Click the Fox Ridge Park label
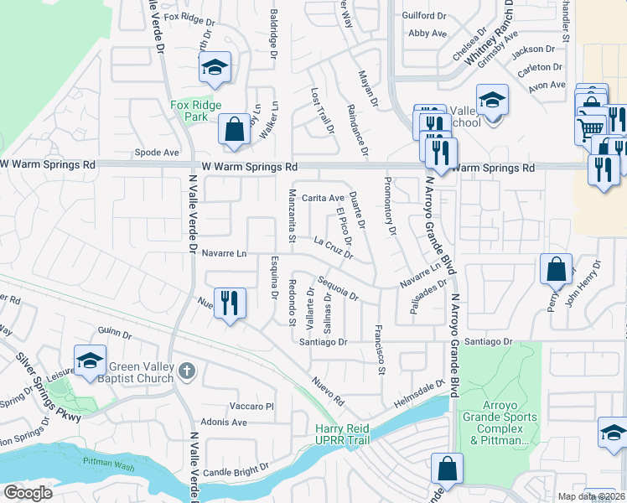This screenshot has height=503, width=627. point(189,111)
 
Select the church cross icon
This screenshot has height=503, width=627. point(189,370)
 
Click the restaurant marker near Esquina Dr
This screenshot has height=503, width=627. point(230,303)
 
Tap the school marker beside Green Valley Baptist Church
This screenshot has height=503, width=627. point(90,361)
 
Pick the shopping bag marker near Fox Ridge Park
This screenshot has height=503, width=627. point(234,129)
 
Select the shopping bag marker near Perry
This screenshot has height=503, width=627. point(556,270)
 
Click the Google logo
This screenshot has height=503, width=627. point(28,492)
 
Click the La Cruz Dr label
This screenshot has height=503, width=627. point(333,246)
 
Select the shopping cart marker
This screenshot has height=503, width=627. point(591,128)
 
